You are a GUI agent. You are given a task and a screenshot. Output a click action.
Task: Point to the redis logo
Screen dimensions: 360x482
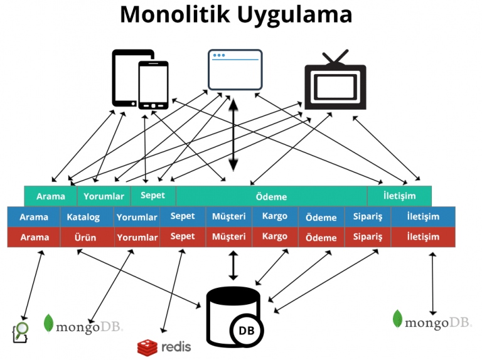(x=164, y=346)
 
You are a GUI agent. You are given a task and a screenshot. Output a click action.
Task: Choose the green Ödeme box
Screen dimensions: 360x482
(x=271, y=196)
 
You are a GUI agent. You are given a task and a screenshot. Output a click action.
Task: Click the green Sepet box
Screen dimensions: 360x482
(x=153, y=195)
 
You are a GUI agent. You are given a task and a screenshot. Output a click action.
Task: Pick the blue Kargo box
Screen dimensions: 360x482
(x=275, y=216)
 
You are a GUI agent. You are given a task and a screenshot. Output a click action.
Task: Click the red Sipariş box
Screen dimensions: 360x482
(x=367, y=236)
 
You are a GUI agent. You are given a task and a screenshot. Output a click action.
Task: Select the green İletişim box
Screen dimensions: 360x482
(x=399, y=196)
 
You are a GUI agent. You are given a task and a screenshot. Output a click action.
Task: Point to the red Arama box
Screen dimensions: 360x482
(x=35, y=237)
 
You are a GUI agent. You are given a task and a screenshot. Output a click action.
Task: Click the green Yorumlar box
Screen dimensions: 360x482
(x=104, y=196)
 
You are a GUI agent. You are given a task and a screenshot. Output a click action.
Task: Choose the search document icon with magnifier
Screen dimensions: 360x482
(x=22, y=331)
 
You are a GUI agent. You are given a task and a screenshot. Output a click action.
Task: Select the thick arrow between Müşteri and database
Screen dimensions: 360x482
(x=233, y=265)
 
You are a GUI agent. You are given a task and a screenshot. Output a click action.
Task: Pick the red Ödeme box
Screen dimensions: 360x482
(x=321, y=238)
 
